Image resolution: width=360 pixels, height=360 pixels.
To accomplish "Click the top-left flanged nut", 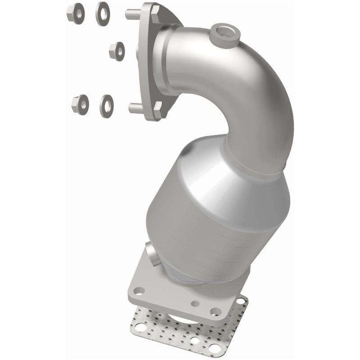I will [x=76, y=13].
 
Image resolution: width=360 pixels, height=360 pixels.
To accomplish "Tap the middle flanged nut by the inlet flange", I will [x=117, y=51].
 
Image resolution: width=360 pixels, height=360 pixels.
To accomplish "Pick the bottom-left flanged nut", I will [x=80, y=105].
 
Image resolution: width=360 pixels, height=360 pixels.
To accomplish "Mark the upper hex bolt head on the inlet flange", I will [x=154, y=15].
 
